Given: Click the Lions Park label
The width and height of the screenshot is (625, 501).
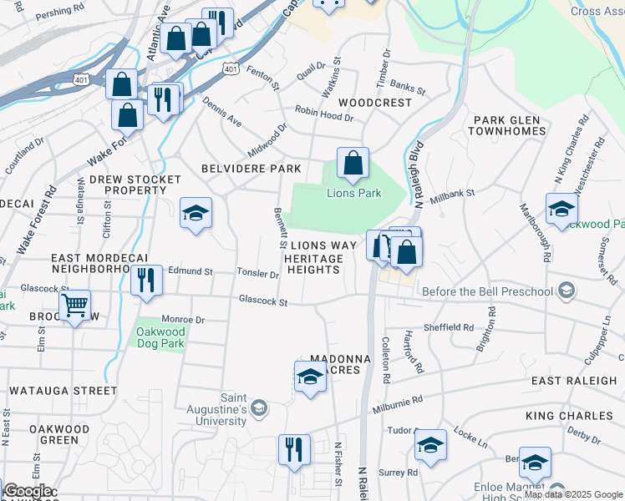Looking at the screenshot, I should [353, 193].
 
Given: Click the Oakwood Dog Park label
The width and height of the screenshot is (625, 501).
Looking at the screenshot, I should [160, 335].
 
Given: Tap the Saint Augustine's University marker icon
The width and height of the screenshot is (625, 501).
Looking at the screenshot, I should [259, 407].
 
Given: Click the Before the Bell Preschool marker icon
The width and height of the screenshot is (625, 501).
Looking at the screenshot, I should [567, 291].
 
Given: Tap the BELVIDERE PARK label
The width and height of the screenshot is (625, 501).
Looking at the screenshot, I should [251, 169].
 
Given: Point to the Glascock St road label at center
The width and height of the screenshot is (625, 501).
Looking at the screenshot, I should [262, 301].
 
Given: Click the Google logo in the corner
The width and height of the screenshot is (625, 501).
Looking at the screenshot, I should [27, 491].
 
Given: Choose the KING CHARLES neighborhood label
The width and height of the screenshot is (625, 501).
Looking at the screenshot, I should [569, 416].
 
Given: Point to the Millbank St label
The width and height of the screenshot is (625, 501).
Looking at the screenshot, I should [452, 196].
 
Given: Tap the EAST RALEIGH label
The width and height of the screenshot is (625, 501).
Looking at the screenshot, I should [574, 381].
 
